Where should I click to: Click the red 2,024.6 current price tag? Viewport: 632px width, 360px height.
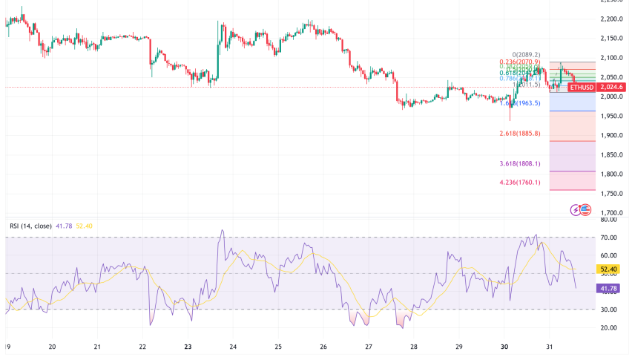click(613, 87)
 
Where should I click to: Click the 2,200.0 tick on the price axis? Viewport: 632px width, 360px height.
click(613, 19)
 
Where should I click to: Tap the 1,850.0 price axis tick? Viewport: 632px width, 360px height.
click(613, 154)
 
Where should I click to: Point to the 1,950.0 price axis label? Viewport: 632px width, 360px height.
click(613, 116)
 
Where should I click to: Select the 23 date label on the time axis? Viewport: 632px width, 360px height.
click(188, 347)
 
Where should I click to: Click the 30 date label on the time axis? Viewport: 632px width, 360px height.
click(504, 347)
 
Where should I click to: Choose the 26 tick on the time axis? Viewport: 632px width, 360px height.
click(323, 347)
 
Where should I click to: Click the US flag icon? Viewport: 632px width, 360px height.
click(585, 210)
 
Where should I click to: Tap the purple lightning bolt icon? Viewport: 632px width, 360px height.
click(576, 210)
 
